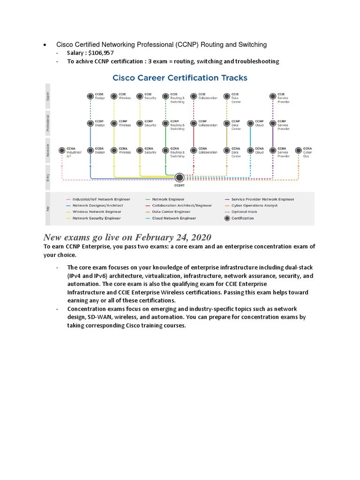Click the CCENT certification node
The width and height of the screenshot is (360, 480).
point(179,177)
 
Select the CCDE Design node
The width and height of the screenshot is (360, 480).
point(90,96)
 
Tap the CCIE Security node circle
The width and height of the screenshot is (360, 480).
point(140,96)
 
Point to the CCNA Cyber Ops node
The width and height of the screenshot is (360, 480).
point(299,150)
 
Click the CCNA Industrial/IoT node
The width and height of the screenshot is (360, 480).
point(62,150)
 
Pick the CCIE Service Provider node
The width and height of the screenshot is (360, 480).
point(273,96)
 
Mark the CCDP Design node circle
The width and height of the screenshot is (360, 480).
point(90,123)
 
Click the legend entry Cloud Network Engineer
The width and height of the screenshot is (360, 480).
point(174,218)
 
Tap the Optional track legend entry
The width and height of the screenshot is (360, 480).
point(244,212)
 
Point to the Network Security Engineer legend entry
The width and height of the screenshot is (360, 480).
point(96,218)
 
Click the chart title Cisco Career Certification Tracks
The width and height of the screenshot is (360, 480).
point(180,77)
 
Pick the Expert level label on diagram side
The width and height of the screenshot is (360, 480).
point(48,97)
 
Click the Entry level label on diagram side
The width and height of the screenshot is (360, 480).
point(48,178)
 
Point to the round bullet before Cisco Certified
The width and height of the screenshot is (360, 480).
point(44,45)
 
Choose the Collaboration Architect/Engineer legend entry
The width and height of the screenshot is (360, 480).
point(181,205)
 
